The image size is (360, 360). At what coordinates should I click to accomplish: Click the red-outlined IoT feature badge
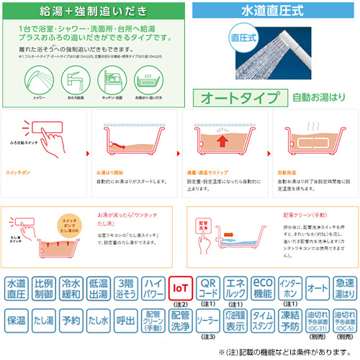tap(180, 289)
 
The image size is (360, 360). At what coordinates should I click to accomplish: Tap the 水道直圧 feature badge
tap(17, 289)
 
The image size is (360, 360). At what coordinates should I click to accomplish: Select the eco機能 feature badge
tap(261, 289)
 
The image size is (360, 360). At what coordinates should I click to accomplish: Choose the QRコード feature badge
tap(207, 289)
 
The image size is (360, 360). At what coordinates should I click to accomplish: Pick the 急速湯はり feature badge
tap(343, 289)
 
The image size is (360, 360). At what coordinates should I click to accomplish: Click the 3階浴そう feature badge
tap(126, 289)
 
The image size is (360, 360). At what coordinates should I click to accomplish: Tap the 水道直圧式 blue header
tap(276, 12)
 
